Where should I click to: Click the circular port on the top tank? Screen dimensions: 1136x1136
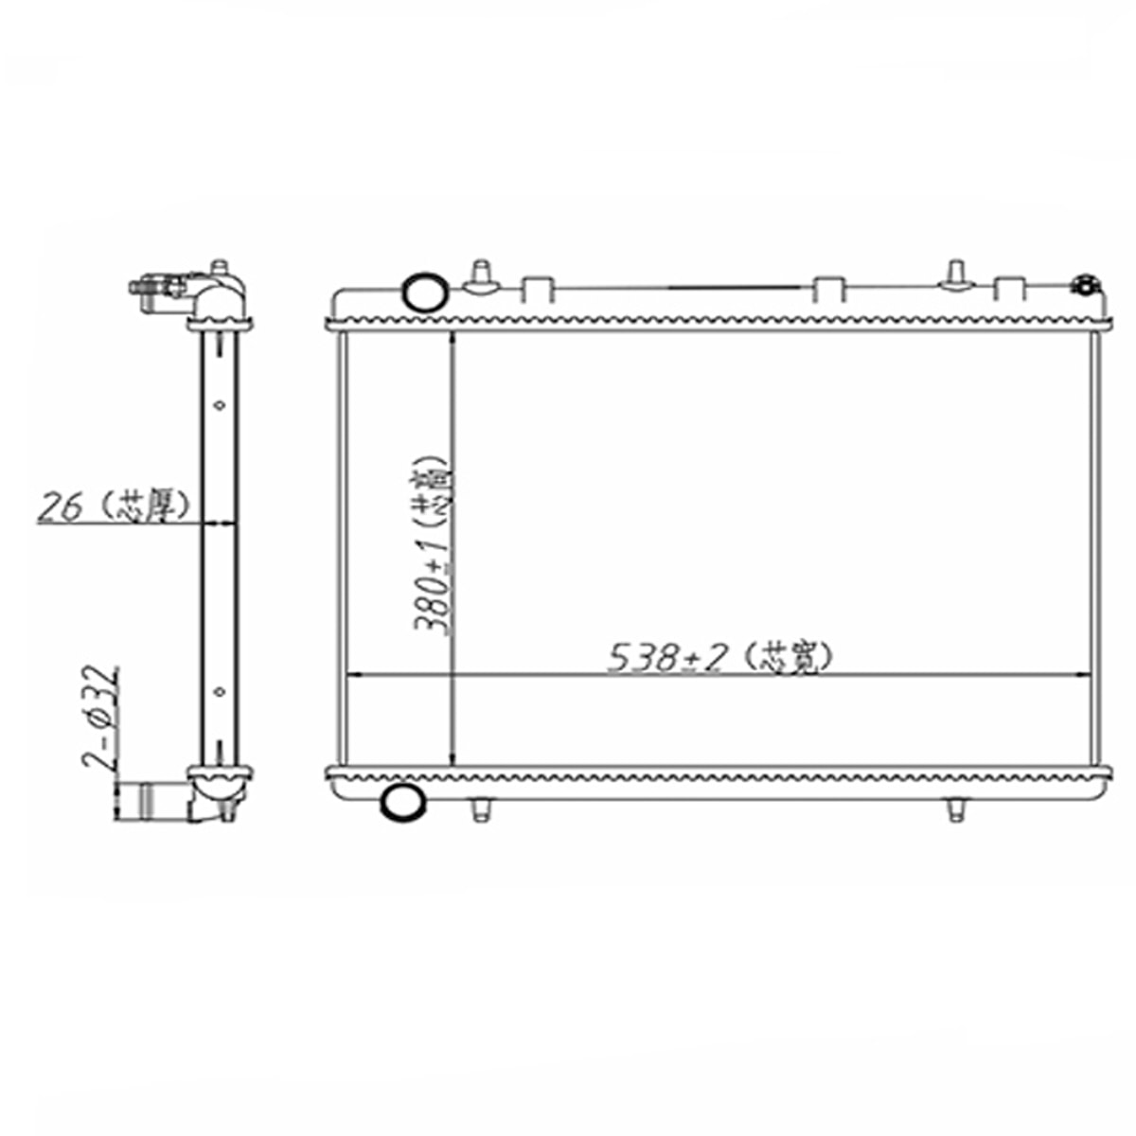click(x=423, y=290)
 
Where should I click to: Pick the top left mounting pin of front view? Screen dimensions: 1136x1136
click(x=482, y=275)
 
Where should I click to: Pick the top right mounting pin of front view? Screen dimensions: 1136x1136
click(x=954, y=275)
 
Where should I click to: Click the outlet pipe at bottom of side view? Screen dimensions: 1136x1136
click(x=151, y=801)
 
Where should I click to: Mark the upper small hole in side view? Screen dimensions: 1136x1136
click(x=220, y=404)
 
